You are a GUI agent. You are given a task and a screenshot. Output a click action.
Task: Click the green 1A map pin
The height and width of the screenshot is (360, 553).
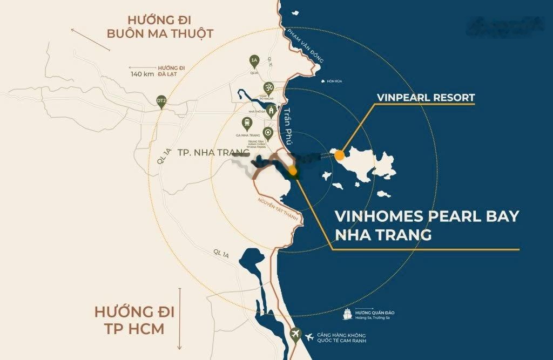point(254,60)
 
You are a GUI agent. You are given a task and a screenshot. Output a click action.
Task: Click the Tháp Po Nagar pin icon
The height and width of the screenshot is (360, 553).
point(267,88)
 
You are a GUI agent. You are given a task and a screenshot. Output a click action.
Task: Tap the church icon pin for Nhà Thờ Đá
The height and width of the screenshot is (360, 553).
point(271,110)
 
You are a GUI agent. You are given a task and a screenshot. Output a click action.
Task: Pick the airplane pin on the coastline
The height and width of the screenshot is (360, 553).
point(295,334)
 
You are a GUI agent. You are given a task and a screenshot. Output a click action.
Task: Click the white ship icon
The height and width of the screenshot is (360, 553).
point(348,314)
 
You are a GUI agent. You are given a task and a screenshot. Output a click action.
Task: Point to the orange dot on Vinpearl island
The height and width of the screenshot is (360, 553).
point(339,155)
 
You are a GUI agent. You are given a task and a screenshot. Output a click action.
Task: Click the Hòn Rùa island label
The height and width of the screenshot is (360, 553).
point(335,81)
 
